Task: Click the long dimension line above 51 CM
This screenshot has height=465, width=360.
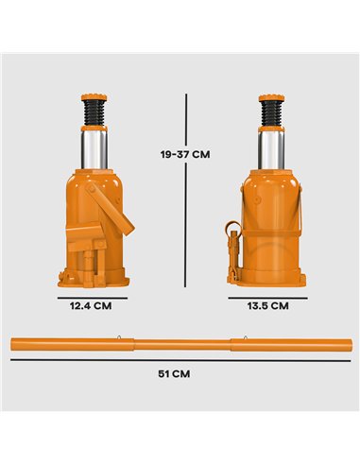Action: [x=180, y=359]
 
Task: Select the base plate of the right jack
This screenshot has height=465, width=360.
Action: [x=268, y=276]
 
